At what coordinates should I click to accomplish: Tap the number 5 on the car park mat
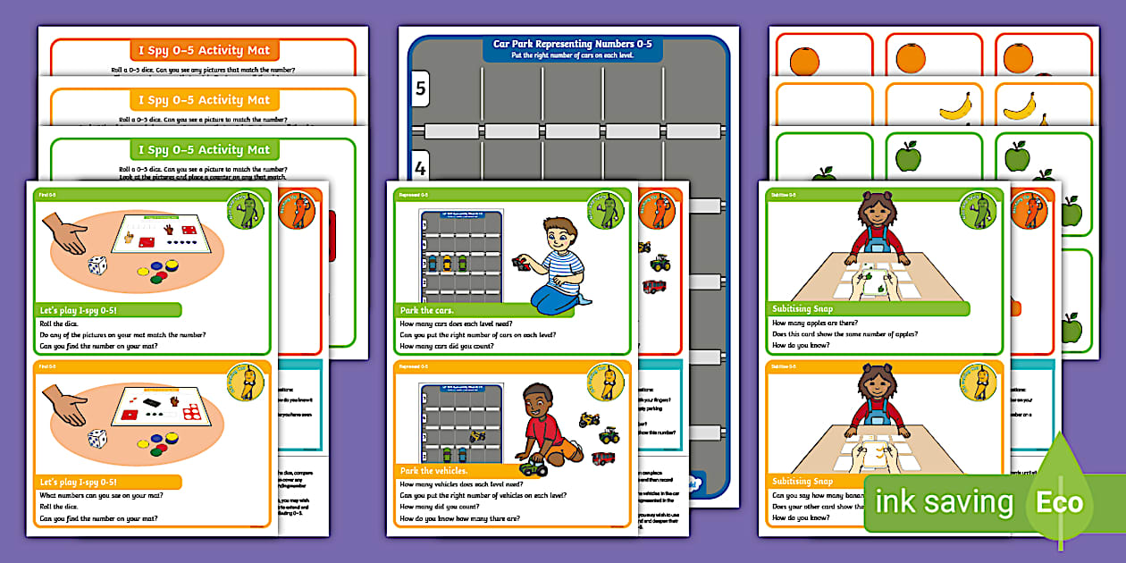tap(420, 88)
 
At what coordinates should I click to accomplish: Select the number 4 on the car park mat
tap(420, 166)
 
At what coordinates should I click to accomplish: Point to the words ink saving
tap(944, 503)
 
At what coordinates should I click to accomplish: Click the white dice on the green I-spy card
tap(97, 265)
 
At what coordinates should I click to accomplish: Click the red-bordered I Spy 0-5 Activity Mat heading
tap(204, 49)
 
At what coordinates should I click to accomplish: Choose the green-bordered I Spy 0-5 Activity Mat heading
tap(204, 149)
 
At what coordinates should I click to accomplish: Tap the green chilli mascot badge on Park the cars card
tap(605, 210)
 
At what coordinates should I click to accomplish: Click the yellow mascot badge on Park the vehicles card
tap(605, 382)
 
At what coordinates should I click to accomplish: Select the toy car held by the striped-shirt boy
tap(518, 262)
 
